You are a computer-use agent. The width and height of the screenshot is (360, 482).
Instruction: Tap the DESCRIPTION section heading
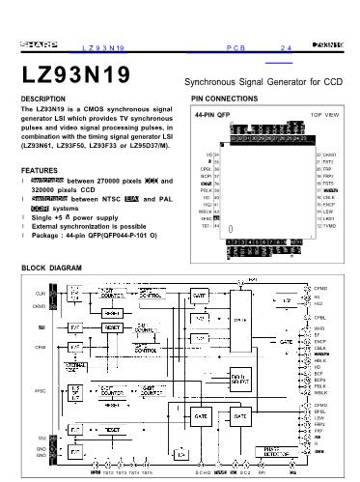click(x=45, y=99)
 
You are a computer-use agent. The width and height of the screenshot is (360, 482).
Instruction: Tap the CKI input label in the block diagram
click(x=40, y=292)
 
